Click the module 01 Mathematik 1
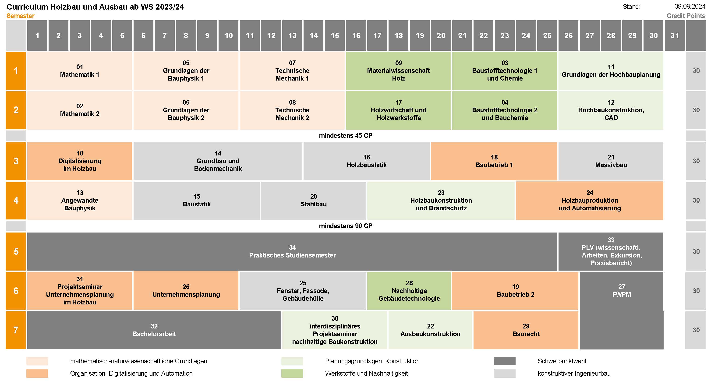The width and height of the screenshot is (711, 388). tap(79, 71)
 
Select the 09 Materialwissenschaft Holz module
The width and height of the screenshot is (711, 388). tap(398, 71)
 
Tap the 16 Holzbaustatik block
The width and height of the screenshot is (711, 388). tap(366, 161)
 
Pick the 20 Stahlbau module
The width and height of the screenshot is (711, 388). tap(313, 200)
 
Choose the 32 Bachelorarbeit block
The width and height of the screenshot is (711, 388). tap(154, 330)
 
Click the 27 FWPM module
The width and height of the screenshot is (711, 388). tap(621, 310)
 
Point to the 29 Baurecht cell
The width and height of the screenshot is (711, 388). tap(526, 330)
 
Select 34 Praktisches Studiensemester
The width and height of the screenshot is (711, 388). tap(292, 251)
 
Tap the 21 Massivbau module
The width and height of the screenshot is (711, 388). tap(611, 161)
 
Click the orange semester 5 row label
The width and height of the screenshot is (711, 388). tap(16, 251)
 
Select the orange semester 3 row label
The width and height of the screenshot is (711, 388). tap(16, 161)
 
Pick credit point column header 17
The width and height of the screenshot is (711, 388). tap(377, 35)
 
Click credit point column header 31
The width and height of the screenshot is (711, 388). tap(675, 35)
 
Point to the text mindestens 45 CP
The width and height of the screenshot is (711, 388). tap(346, 135)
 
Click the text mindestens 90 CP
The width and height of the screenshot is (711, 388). tap(346, 226)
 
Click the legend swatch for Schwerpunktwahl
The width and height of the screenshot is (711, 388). tap(505, 361)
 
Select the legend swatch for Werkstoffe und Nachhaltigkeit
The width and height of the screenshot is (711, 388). tap(292, 373)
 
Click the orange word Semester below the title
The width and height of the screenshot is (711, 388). tap(20, 16)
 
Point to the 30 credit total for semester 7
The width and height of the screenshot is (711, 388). tap(696, 330)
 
